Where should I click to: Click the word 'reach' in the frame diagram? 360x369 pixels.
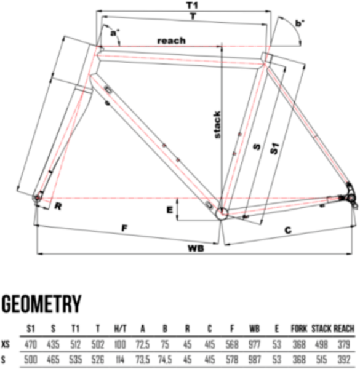(x=172, y=41)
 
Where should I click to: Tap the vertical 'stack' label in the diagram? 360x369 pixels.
(x=217, y=124)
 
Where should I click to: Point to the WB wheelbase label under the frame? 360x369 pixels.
(x=196, y=248)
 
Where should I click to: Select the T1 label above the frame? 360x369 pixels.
(x=192, y=5)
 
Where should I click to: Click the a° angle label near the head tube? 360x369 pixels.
(x=114, y=33)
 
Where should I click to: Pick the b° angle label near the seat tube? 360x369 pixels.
(x=300, y=23)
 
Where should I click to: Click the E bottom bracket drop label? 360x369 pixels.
(x=169, y=210)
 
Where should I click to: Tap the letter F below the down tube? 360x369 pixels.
(x=124, y=228)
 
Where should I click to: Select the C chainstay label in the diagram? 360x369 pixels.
(x=288, y=230)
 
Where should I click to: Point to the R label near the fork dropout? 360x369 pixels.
(x=58, y=207)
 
